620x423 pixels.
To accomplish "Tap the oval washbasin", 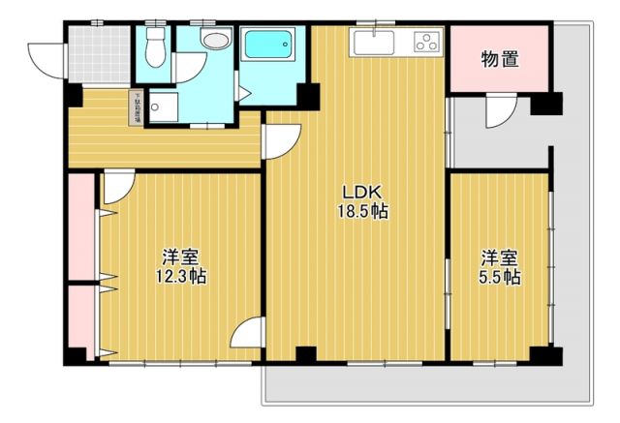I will (x=215, y=41).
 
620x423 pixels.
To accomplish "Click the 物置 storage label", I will (x=500, y=59).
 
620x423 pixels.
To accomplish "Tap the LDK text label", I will (x=355, y=192).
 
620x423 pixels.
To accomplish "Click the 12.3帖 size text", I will (x=181, y=277).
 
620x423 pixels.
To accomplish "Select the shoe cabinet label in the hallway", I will (x=137, y=107).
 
